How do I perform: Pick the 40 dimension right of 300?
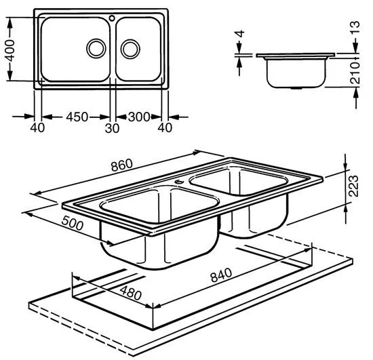point(163,127)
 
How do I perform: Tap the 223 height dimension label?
point(352,184)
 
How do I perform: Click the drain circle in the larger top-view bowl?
point(96,48)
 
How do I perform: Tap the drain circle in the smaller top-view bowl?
point(130,48)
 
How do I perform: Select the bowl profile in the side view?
point(295,73)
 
